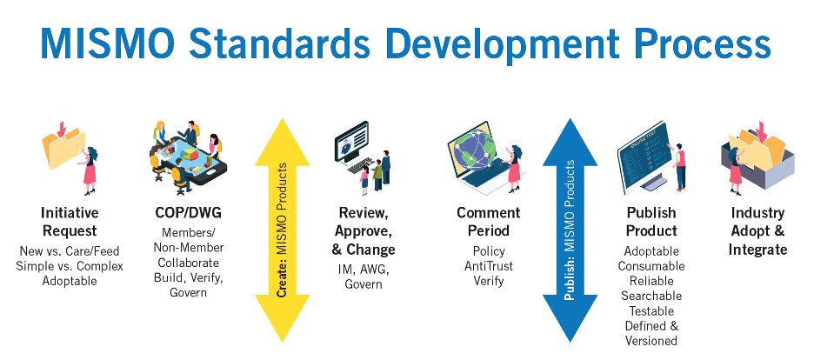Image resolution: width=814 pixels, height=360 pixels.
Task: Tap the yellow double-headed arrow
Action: (x=282, y=230)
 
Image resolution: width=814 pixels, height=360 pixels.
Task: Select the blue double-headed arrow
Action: (x=570, y=230)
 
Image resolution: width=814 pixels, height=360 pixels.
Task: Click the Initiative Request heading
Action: (x=70, y=222)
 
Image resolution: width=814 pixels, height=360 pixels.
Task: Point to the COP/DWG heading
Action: (x=189, y=213)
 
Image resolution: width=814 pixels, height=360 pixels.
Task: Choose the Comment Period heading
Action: (x=489, y=222)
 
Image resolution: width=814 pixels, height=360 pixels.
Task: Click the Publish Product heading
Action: (x=651, y=222)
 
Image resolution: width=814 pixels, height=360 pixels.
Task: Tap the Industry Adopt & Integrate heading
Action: (x=757, y=231)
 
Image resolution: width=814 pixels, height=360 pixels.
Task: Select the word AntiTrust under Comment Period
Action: (x=489, y=266)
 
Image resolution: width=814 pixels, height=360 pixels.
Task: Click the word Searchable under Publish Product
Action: (x=651, y=297)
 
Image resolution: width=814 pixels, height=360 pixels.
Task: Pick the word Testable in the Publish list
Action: (x=651, y=311)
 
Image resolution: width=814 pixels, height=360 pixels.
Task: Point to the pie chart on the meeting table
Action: (x=190, y=154)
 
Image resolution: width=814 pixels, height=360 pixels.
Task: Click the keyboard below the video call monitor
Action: (x=363, y=166)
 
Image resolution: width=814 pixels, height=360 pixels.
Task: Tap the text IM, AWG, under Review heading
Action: (x=364, y=270)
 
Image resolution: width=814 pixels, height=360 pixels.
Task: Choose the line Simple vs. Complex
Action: (x=70, y=266)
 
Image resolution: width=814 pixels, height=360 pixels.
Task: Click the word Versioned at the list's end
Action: (x=651, y=341)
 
